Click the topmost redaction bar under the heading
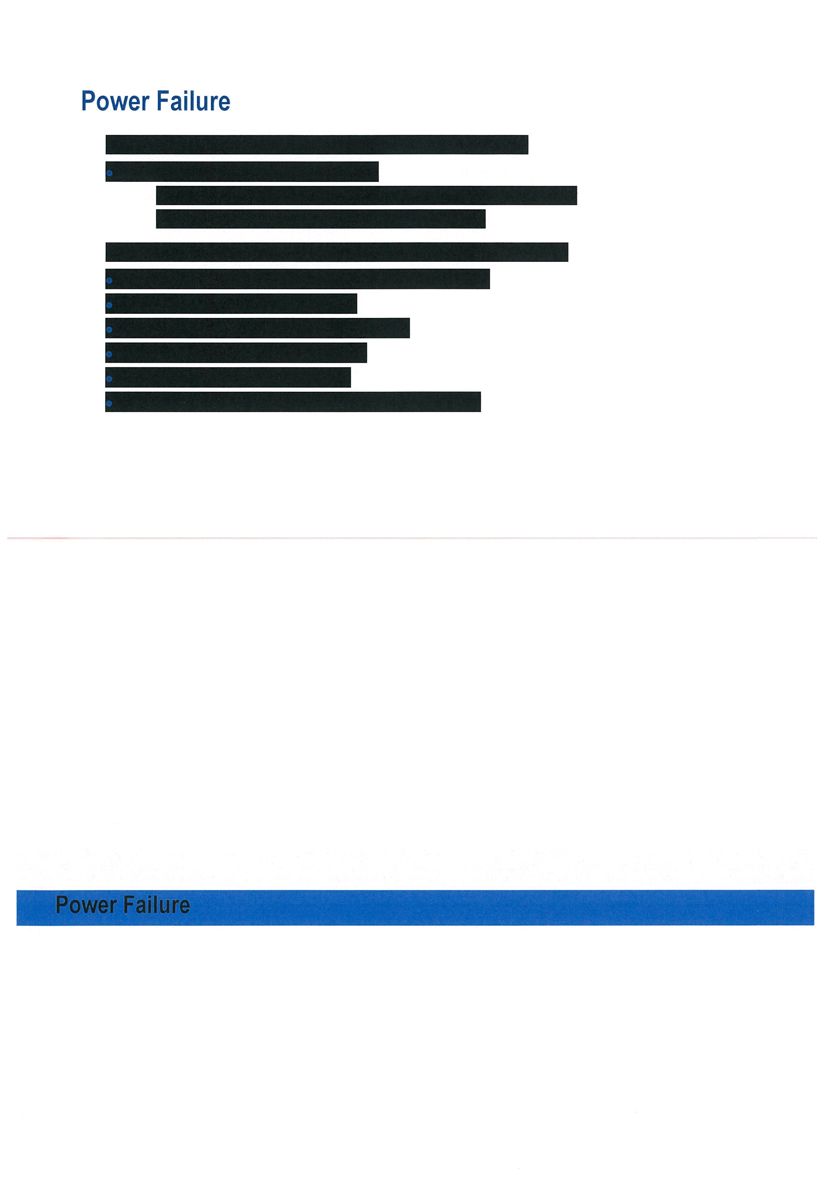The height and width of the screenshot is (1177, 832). pyautogui.click(x=317, y=145)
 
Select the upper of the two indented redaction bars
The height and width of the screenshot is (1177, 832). pyautogui.click(x=366, y=195)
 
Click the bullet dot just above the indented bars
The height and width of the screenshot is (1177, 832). pyautogui.click(x=109, y=173)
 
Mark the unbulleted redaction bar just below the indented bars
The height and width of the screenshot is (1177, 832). pyautogui.click(x=337, y=252)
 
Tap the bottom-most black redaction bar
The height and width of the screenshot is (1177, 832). pyautogui.click(x=293, y=402)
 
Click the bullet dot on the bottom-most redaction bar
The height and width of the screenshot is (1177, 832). pyautogui.click(x=109, y=403)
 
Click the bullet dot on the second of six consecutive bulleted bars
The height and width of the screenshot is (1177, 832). pyautogui.click(x=109, y=305)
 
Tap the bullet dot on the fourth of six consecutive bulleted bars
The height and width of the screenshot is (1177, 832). pyautogui.click(x=109, y=354)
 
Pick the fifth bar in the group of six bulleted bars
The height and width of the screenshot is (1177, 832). pyautogui.click(x=228, y=377)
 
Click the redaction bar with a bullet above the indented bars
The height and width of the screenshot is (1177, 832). pyautogui.click(x=242, y=172)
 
